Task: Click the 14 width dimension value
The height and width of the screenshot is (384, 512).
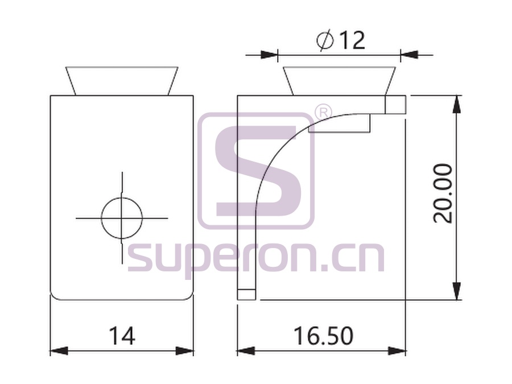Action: pyautogui.click(x=122, y=336)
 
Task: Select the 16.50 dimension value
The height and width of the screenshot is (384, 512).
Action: pyautogui.click(x=323, y=336)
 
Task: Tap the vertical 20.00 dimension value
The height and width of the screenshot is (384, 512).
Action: pyautogui.click(x=443, y=193)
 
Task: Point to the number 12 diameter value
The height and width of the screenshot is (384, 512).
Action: pyautogui.click(x=352, y=40)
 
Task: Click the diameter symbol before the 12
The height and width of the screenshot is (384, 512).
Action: pyautogui.click(x=325, y=40)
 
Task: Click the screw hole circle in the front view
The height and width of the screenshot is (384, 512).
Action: pyautogui.click(x=122, y=218)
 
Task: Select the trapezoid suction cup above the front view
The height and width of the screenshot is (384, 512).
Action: pyautogui.click(x=122, y=81)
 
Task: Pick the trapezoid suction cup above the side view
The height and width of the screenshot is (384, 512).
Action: pyautogui.click(x=339, y=81)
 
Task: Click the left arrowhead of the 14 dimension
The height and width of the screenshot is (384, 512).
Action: pyautogui.click(x=59, y=351)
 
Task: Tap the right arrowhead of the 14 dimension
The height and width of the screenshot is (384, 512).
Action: pyautogui.click(x=184, y=351)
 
